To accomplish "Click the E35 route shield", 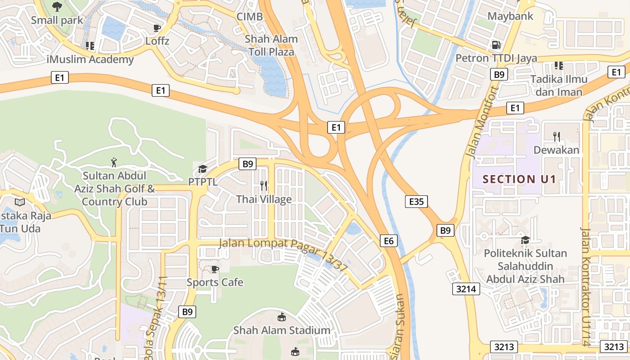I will point(416,202).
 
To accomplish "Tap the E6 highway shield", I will point(389,241).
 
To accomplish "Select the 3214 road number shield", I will point(466,289).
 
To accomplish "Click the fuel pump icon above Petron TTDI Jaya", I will point(496,45).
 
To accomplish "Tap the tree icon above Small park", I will point(57,6).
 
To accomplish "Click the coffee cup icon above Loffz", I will point(157,28).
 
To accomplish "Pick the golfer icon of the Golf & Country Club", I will point(114,162).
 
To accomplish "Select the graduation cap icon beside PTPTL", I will point(202,169).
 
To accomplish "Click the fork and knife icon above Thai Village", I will point(264,185).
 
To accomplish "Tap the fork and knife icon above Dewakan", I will point(557,136).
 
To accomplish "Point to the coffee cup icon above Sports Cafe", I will point(215,269).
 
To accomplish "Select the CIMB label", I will point(249,17).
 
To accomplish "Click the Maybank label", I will point(510,16).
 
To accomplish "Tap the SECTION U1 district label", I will point(519,179).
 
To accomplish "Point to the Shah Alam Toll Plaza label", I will point(271,45).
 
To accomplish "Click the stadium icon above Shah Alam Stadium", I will point(282,317).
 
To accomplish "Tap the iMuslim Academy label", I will point(90,59).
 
